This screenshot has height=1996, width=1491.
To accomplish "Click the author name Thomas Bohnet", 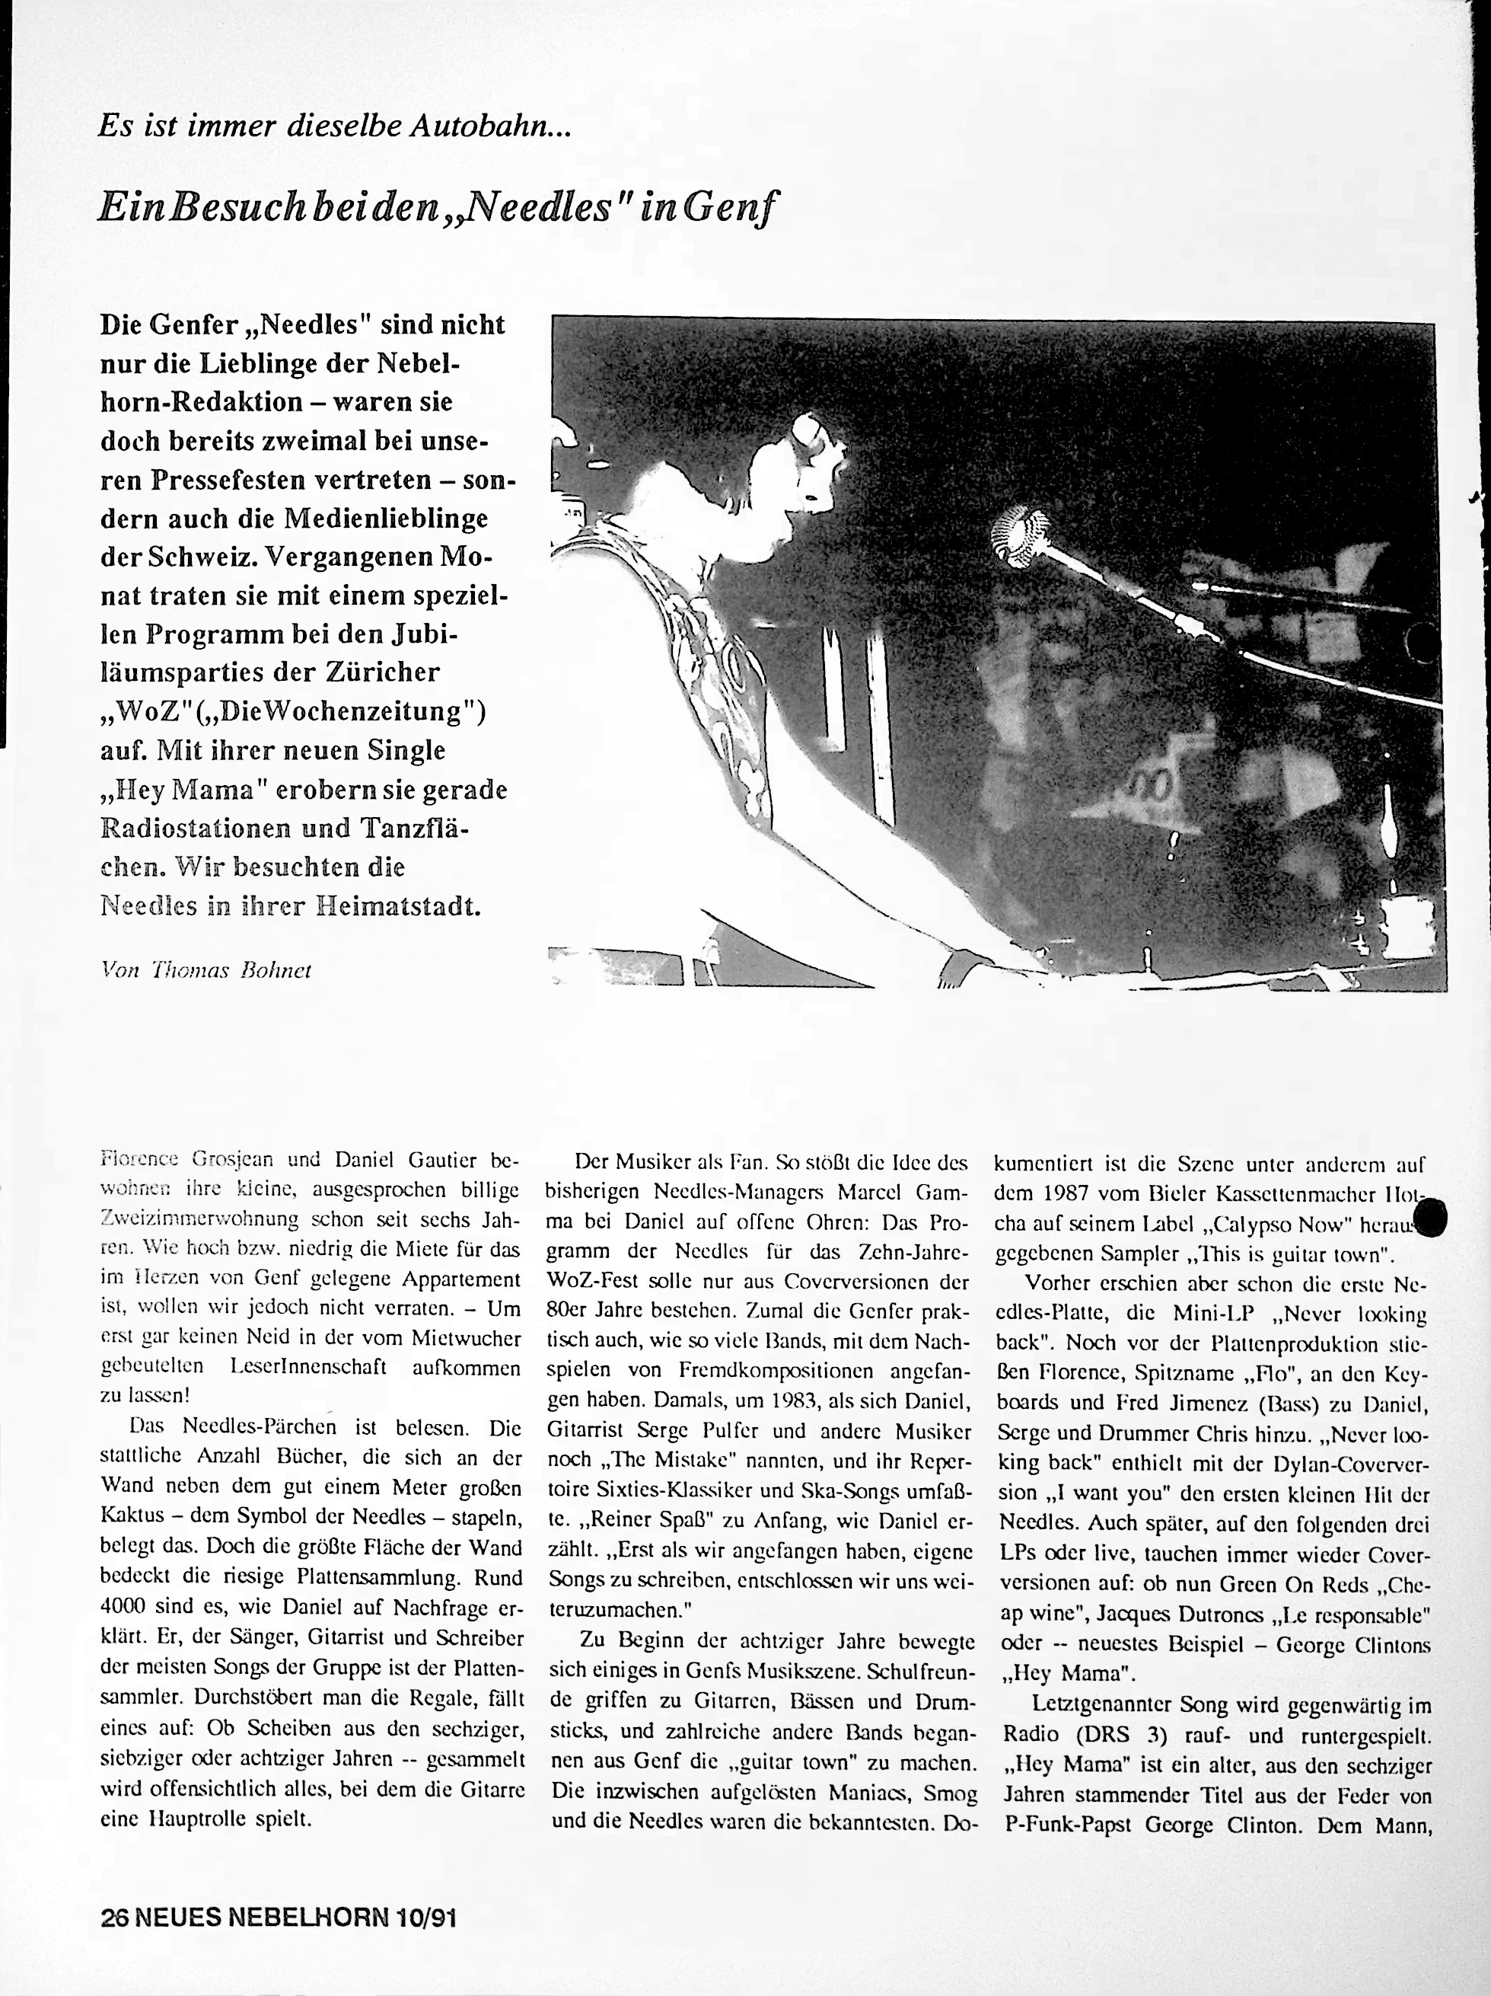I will click(x=239, y=970).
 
